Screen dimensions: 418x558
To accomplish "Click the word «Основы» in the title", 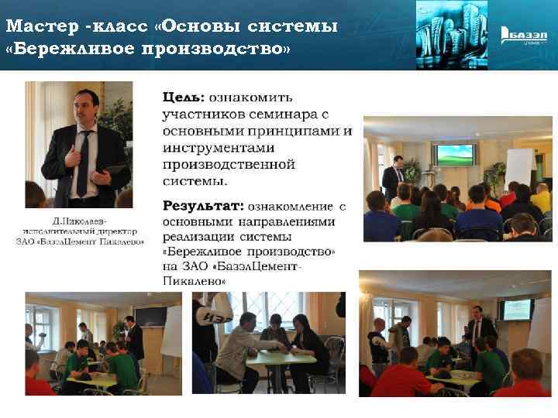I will (202, 28).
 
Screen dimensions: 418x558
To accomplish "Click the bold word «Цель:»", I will (184, 98).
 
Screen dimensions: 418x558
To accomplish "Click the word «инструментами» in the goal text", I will (213, 147).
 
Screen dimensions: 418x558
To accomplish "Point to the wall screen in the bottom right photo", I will (515, 310).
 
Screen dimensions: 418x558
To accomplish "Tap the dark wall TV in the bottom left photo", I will (150, 317).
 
